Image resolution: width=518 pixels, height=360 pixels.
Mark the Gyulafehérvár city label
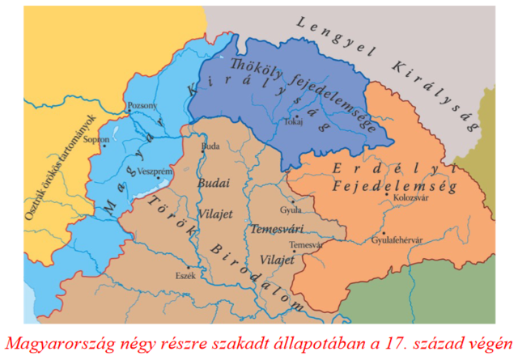point(398,239)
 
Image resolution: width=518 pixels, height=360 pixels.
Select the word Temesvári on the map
point(275,229)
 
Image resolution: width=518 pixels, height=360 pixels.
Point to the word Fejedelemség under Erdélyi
point(394,186)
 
